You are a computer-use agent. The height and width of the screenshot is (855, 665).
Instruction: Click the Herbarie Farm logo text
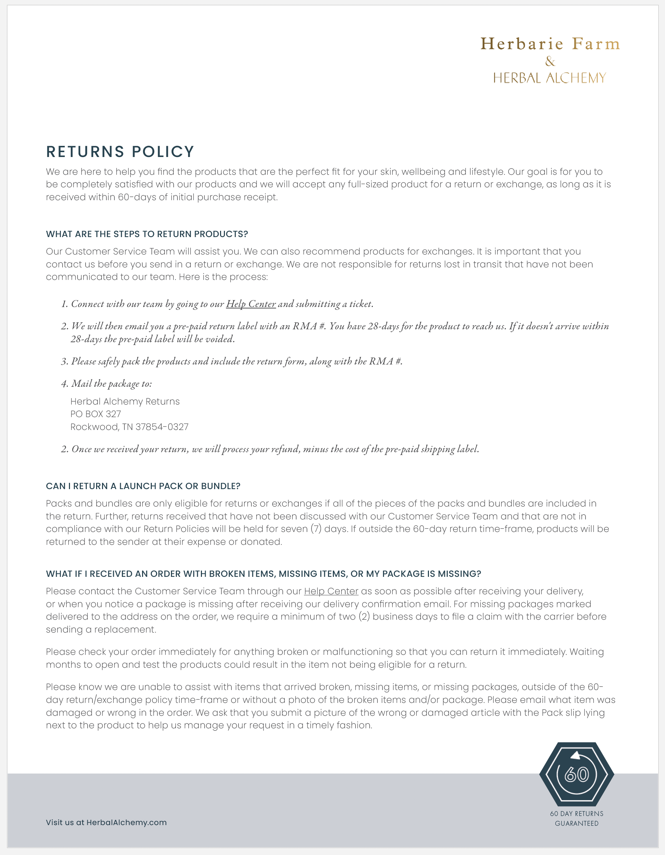(x=550, y=44)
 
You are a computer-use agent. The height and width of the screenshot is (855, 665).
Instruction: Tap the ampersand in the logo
(x=550, y=62)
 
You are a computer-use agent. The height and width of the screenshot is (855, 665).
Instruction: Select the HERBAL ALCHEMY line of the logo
(x=549, y=78)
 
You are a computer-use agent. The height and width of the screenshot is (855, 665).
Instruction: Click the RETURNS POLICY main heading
(x=120, y=152)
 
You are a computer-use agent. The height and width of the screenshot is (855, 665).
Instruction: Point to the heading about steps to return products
(x=147, y=234)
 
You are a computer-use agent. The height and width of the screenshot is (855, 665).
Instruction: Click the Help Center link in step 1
(x=251, y=304)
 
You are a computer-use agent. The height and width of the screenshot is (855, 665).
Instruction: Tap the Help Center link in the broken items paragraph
(x=331, y=591)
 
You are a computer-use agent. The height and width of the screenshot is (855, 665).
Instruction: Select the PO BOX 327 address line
(x=95, y=414)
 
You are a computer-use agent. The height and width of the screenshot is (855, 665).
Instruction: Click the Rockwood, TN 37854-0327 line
(x=129, y=427)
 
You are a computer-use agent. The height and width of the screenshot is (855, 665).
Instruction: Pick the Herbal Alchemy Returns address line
(x=125, y=402)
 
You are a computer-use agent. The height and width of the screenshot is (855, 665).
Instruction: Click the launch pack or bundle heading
(x=143, y=486)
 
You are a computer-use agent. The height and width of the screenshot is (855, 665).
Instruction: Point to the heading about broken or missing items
(x=263, y=574)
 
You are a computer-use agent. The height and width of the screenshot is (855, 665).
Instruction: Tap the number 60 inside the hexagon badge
(x=577, y=774)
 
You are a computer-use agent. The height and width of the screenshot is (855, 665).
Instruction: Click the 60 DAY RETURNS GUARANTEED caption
(x=577, y=818)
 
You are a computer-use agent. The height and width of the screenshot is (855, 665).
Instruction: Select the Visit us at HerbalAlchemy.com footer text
(x=106, y=823)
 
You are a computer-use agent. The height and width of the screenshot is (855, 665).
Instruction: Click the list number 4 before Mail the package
(x=64, y=384)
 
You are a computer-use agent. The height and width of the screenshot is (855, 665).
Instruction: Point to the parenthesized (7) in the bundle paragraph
(x=316, y=529)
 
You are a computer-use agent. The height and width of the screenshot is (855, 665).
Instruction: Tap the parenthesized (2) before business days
(x=364, y=617)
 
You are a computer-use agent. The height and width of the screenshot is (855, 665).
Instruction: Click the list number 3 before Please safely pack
(x=64, y=362)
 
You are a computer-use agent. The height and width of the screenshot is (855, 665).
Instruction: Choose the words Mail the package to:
(x=112, y=384)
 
